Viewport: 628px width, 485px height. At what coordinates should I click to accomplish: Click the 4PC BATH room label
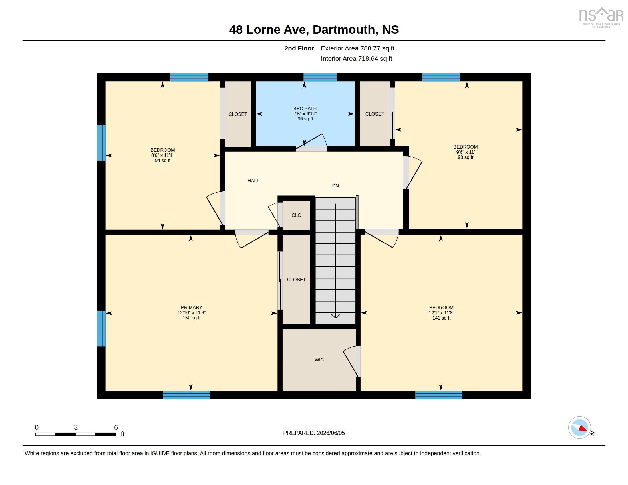[305, 108]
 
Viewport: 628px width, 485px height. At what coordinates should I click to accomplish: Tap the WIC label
[319, 360]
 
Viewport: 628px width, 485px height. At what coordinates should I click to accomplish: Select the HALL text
[253, 181]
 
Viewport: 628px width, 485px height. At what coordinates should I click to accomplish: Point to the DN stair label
[335, 186]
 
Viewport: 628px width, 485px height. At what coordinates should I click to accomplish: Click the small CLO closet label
[297, 215]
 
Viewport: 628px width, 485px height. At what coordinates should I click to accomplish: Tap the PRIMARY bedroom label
[192, 307]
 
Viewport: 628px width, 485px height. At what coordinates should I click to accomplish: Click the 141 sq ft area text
[441, 318]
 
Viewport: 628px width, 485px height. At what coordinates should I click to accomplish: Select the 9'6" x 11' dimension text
[466, 152]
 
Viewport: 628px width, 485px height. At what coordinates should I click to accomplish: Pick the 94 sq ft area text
[163, 161]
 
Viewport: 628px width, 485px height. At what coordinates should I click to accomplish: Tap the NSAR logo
[601, 17]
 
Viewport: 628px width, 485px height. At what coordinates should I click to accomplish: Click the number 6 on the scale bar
[116, 427]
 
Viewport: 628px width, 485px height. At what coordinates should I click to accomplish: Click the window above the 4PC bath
[320, 77]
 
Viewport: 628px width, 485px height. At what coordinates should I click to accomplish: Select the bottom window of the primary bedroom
[187, 395]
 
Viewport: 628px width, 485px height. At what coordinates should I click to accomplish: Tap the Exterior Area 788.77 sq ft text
[357, 48]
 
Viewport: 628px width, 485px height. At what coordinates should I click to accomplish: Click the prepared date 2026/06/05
[331, 433]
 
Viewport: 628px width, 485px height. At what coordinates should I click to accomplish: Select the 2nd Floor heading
[299, 48]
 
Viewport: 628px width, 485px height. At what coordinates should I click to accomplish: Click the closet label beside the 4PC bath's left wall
[238, 114]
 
